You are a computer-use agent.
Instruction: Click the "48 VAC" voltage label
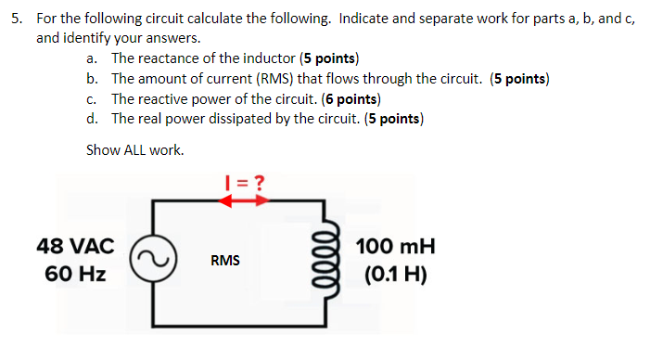75,247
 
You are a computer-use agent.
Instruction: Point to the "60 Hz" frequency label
75,275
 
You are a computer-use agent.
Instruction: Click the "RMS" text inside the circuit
225,261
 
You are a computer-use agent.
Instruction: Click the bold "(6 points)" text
346,98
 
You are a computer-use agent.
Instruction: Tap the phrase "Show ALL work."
134,149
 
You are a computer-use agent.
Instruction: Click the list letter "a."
92,58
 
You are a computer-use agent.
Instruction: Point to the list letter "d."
92,119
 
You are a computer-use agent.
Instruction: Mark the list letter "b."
92,78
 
